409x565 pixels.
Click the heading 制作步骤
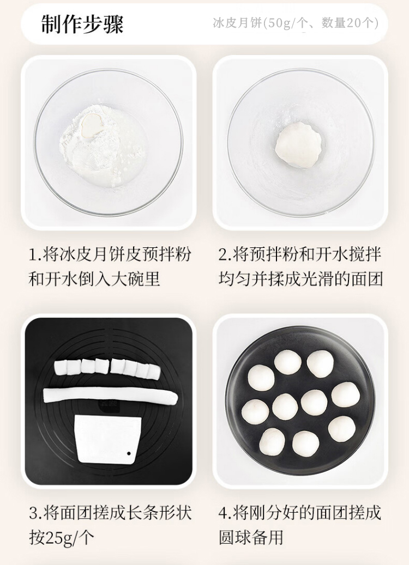(x=82, y=24)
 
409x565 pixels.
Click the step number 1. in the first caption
(x=35, y=254)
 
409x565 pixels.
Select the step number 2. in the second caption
(x=225, y=254)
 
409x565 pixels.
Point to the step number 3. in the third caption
(x=35, y=513)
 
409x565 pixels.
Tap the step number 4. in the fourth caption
(x=225, y=513)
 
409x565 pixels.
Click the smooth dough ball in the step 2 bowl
(x=299, y=145)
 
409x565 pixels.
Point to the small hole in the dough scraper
(x=128, y=453)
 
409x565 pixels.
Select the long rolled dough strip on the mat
(x=110, y=396)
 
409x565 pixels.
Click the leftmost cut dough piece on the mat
(x=61, y=367)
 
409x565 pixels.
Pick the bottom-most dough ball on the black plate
(x=305, y=443)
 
